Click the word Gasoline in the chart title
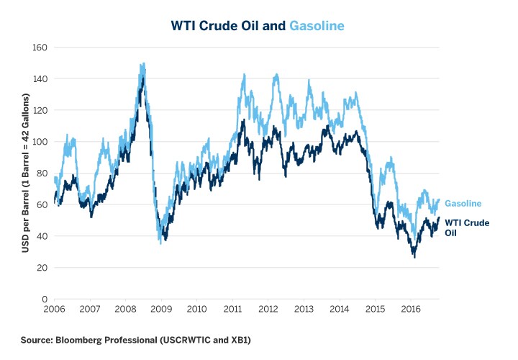[x=317, y=25]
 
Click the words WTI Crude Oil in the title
[x=228, y=25]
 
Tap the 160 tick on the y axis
[x=40, y=47]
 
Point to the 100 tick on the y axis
[x=40, y=141]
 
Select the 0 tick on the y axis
[x=44, y=299]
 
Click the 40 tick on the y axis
[x=42, y=235]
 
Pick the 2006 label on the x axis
[x=55, y=309]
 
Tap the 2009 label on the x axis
[x=161, y=309]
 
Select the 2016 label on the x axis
[x=410, y=309]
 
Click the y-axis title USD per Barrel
[x=24, y=173]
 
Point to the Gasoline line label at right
[x=463, y=204]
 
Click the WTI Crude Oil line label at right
[x=467, y=227]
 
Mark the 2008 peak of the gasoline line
[x=143, y=63]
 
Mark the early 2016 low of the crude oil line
[x=414, y=256]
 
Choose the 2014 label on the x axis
[x=339, y=309]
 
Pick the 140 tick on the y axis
[x=40, y=78]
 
